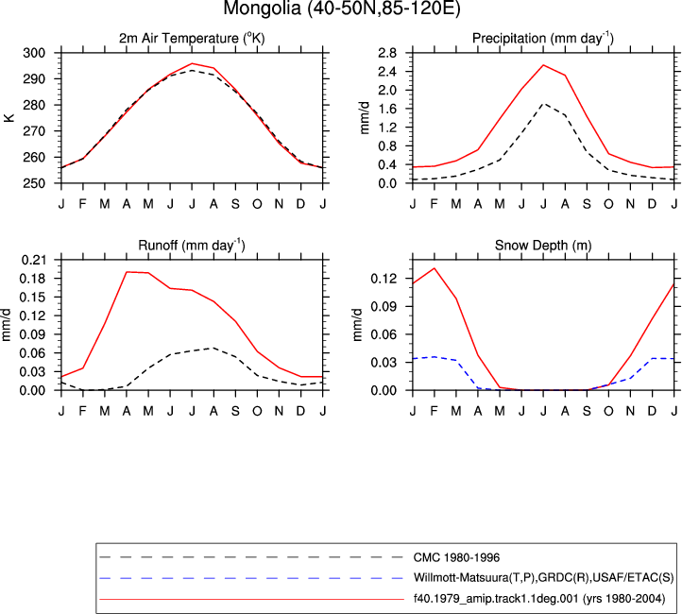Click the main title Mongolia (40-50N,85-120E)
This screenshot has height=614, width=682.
[341, 9]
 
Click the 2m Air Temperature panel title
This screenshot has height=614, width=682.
[192, 39]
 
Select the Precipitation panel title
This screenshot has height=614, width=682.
[543, 39]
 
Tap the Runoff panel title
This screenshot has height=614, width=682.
[192, 246]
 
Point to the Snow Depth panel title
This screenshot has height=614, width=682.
[543, 246]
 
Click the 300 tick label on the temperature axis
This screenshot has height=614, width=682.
[34, 53]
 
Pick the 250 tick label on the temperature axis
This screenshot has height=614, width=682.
[34, 183]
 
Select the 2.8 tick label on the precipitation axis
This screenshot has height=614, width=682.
[387, 53]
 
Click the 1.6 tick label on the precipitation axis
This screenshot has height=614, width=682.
[387, 110]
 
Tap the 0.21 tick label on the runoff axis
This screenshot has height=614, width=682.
[33, 260]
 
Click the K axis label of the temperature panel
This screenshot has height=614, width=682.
[9, 118]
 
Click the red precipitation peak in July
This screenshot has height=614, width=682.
[543, 65]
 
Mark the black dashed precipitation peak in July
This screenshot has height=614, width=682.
[543, 104]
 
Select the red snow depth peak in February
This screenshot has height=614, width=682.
[435, 268]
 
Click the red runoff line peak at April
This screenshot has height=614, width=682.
[127, 272]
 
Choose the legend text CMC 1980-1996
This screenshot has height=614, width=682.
[456, 557]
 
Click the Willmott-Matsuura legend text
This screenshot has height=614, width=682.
[543, 578]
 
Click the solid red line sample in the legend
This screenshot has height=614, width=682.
[252, 599]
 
